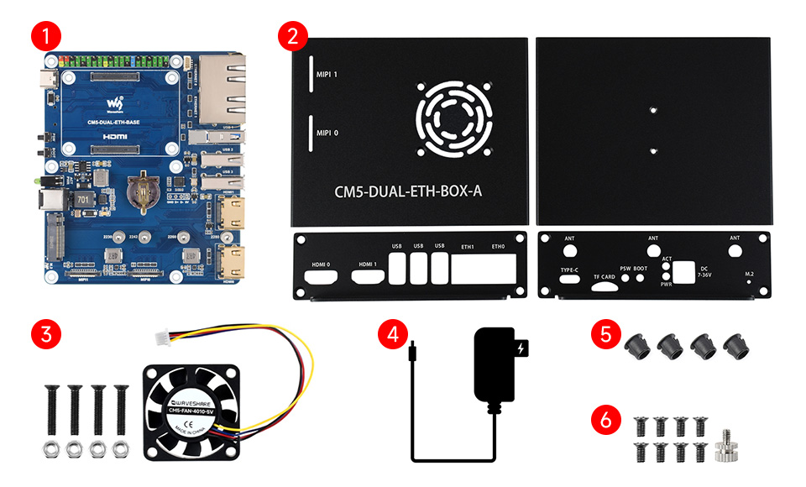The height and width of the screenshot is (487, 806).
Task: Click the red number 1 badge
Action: [44, 37]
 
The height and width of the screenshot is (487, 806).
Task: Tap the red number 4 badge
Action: [389, 333]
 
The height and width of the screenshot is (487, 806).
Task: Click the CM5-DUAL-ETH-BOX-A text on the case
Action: [410, 192]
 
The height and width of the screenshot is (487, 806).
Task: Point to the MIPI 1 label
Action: [327, 74]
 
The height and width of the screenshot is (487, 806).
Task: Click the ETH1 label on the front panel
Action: [468, 247]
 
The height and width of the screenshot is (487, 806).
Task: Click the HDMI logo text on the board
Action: [113, 134]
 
